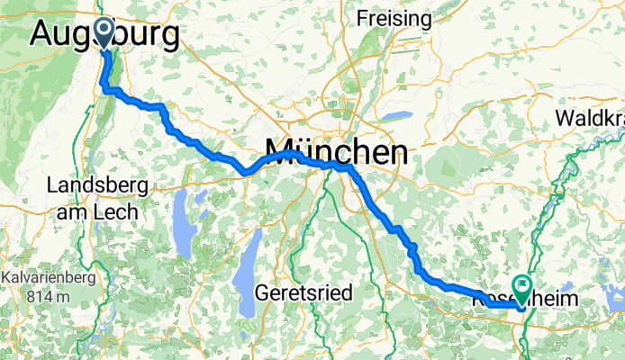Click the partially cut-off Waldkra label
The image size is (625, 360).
[590, 118]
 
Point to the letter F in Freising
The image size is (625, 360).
[363, 18]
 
